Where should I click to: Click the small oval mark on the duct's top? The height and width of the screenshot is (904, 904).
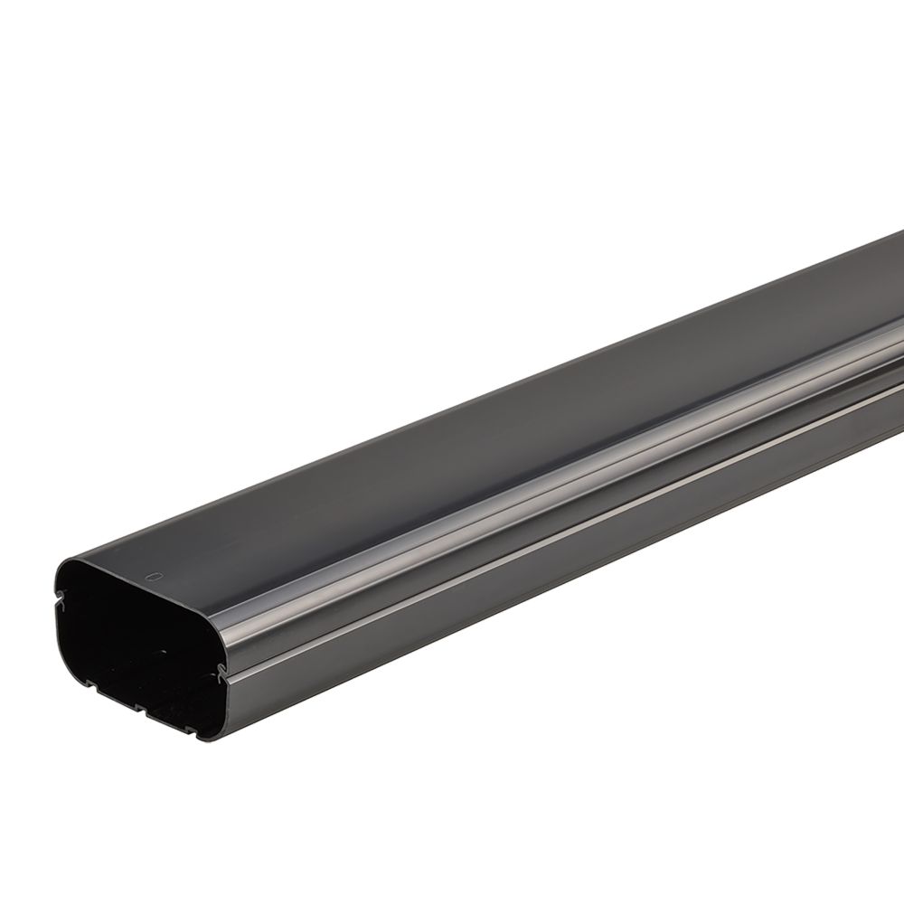click(153, 576)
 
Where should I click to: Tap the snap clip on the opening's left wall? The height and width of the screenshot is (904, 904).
click(61, 597)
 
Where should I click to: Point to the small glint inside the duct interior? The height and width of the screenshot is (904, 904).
click(163, 648)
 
